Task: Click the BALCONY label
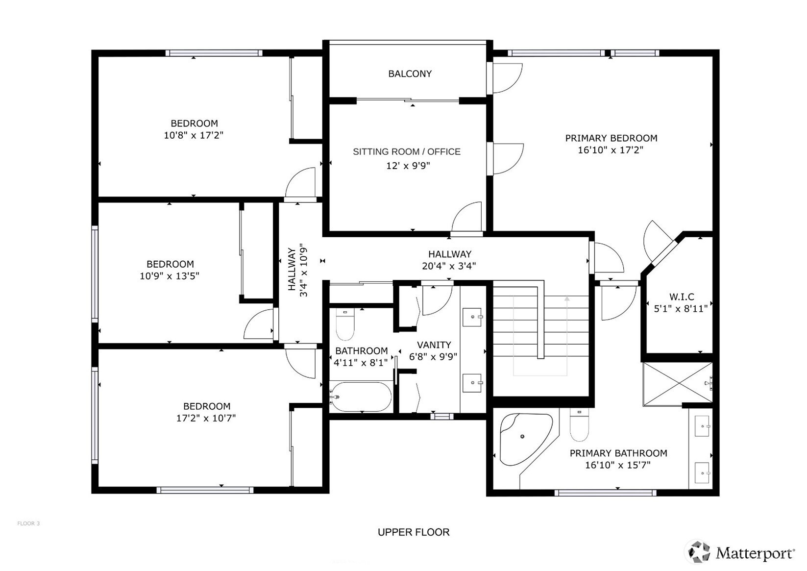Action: tap(410, 74)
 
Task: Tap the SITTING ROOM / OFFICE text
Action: tap(406, 152)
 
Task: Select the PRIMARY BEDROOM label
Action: tap(611, 138)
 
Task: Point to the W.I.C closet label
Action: tap(682, 297)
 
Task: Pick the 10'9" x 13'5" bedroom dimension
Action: tap(170, 276)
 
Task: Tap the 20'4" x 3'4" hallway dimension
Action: tap(449, 266)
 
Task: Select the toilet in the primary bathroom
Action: tap(579, 425)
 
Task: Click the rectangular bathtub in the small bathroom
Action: tap(361, 397)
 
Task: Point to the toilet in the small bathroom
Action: tap(345, 324)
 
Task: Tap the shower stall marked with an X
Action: tap(678, 384)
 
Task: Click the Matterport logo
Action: tap(741, 552)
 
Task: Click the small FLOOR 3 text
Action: tap(28, 523)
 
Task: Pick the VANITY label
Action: tap(434, 345)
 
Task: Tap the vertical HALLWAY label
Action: tap(292, 269)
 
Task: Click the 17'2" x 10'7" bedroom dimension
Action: tap(206, 418)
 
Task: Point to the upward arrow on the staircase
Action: tap(567, 336)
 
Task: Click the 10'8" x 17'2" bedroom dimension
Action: tap(194, 136)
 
